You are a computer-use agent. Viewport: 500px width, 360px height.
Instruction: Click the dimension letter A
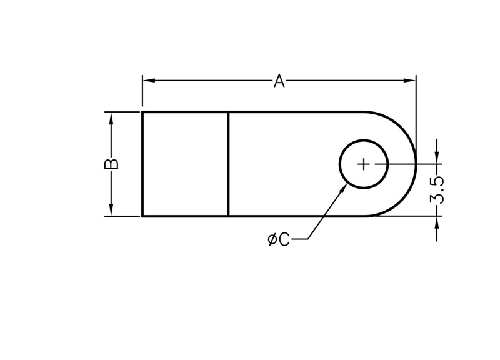click(279, 81)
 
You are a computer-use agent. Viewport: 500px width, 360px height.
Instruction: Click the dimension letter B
click(111, 164)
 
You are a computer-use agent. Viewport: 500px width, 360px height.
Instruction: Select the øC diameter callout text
click(279, 239)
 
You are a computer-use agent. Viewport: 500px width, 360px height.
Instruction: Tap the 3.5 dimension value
click(437, 190)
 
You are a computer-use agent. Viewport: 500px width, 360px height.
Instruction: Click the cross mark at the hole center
click(364, 164)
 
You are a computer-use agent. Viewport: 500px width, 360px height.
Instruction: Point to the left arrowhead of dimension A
click(149, 81)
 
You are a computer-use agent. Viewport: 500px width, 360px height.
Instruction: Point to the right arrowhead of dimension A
click(410, 81)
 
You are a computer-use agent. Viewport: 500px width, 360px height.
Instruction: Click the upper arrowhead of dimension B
click(111, 119)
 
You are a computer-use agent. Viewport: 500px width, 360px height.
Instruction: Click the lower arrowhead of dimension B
click(111, 209)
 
